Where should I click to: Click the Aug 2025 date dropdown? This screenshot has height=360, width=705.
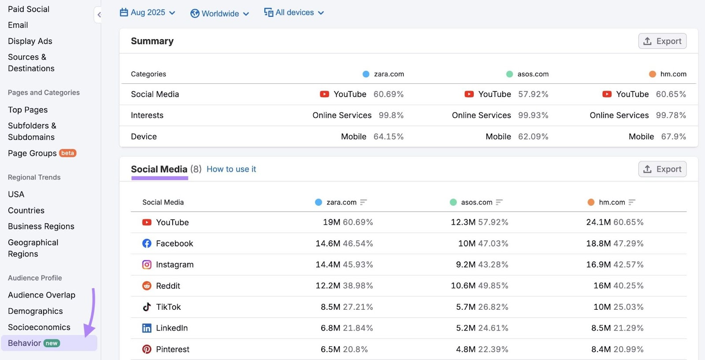(148, 13)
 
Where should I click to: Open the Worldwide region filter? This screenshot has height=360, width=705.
(219, 14)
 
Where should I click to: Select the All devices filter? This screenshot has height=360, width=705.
(294, 13)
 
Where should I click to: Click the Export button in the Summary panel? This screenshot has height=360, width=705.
(662, 41)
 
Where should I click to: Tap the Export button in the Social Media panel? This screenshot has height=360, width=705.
(662, 169)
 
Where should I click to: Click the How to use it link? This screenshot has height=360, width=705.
(231, 169)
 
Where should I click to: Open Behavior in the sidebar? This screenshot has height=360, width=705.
(25, 343)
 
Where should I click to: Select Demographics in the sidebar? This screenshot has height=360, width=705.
(35, 311)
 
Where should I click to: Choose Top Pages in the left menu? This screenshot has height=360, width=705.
(28, 110)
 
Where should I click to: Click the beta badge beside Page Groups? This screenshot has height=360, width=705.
(68, 153)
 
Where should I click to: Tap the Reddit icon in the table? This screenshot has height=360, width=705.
(147, 286)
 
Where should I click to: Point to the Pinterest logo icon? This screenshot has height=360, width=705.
(147, 349)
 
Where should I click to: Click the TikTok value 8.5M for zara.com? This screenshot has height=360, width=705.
(330, 307)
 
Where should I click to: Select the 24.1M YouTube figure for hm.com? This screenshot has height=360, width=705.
(598, 223)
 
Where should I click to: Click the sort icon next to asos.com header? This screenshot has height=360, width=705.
(499, 202)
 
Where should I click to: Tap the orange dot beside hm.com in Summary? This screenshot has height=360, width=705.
(653, 74)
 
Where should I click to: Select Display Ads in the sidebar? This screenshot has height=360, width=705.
(30, 41)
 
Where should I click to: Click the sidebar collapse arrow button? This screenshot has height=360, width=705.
(99, 15)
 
